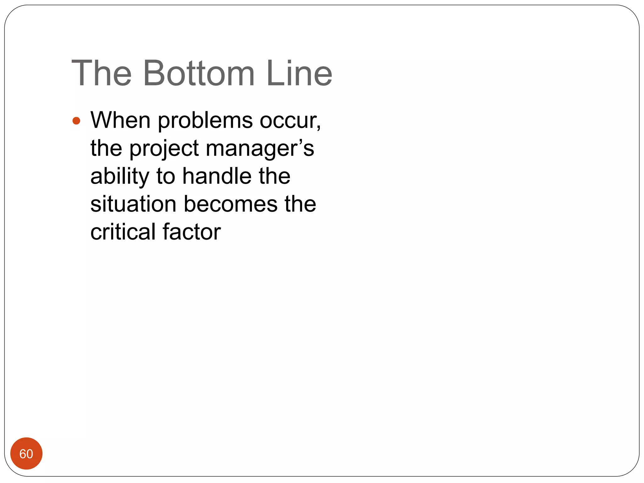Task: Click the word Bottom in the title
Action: (198, 73)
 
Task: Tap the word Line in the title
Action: (299, 73)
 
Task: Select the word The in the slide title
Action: (102, 73)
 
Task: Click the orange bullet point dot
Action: (76, 121)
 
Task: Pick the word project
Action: (164, 149)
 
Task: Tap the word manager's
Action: (260, 149)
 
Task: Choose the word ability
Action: (120, 177)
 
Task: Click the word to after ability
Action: (166, 176)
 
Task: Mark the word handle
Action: (217, 176)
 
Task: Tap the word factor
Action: (192, 232)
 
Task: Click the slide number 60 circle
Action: (26, 453)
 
